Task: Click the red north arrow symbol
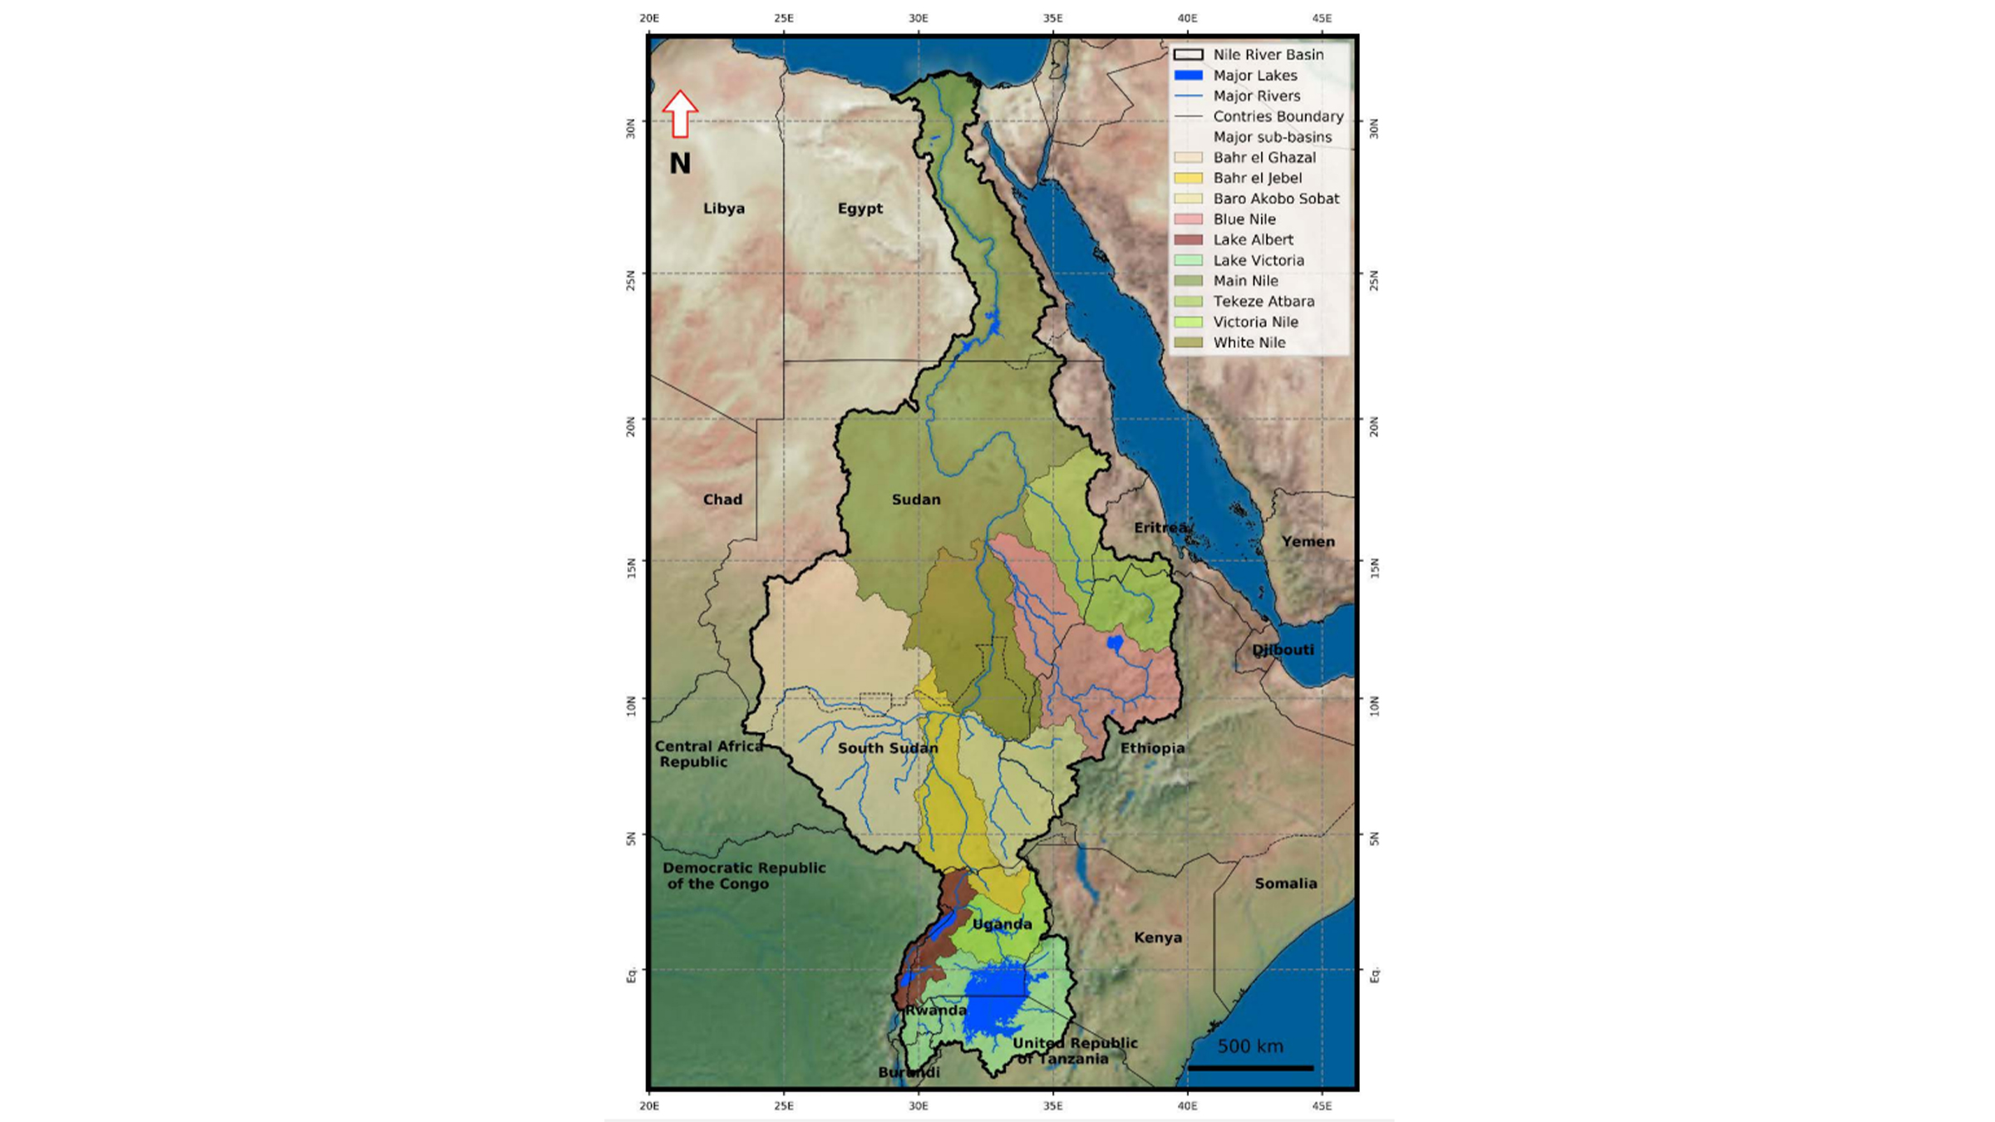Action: tap(680, 114)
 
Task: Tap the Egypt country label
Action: tap(860, 209)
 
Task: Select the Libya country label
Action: tap(723, 209)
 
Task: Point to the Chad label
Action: tap(722, 499)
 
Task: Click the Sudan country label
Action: tap(916, 499)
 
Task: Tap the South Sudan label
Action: tap(888, 748)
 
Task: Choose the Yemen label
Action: tap(1308, 542)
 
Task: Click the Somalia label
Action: tap(1285, 883)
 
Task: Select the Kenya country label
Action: tap(1158, 937)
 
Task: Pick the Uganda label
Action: tap(1002, 924)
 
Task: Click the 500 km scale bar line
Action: tap(1250, 1068)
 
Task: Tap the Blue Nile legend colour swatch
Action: tap(1188, 219)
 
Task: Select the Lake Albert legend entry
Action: tap(1253, 240)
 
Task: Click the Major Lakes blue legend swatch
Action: tap(1188, 76)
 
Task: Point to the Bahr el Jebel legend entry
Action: tap(1257, 178)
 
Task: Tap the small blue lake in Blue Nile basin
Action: tap(1115, 642)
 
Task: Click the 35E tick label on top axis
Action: tap(1052, 18)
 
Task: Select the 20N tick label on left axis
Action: tap(630, 426)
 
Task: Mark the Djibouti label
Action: tap(1283, 650)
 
